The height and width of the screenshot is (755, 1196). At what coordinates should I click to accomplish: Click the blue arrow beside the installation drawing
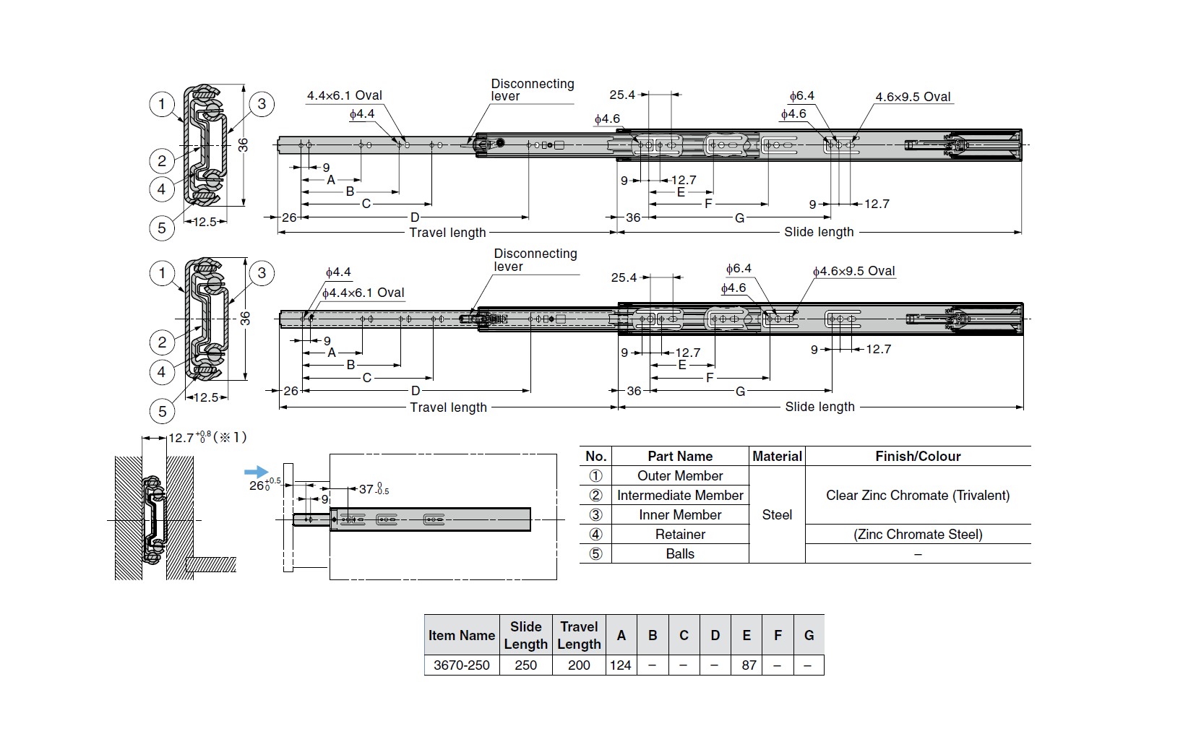coord(256,472)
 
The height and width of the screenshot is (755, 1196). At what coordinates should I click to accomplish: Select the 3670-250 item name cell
coord(461,665)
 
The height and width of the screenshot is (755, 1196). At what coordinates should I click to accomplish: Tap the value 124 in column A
coord(621,665)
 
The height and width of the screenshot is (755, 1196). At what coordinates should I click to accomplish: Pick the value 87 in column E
coord(749,665)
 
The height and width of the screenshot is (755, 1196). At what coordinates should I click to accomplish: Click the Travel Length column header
coord(579,635)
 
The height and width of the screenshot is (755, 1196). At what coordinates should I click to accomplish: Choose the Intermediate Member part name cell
coord(680,496)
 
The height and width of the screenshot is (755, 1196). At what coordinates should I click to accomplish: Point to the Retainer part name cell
coord(680,535)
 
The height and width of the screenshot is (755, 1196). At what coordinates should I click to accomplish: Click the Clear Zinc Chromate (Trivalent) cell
coord(918,496)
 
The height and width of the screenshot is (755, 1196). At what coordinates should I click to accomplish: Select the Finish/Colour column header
coord(918,457)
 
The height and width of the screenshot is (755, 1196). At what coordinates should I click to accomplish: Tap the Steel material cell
coord(777,515)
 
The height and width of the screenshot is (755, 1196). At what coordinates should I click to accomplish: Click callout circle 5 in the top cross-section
coord(162,228)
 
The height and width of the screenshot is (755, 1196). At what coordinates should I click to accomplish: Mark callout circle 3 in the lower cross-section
coord(262,273)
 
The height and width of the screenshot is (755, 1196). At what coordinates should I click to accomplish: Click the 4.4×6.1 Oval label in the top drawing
coord(344,95)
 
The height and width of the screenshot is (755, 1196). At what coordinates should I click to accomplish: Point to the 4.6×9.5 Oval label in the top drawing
coord(913,97)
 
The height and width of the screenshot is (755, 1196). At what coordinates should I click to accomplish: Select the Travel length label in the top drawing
coord(447,233)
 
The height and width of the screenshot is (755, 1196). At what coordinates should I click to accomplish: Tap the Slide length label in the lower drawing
coord(819,407)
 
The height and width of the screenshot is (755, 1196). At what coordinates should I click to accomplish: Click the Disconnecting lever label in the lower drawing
coord(535,260)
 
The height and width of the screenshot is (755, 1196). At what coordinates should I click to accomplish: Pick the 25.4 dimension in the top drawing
coord(622,95)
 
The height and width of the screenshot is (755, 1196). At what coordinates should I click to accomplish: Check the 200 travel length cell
coord(579,665)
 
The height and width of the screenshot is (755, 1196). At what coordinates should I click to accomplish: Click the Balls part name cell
coord(680,554)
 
